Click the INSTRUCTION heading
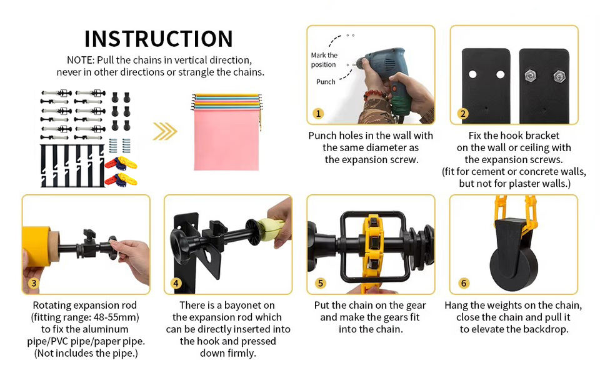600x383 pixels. [158, 39]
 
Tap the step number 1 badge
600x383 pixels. [318, 113]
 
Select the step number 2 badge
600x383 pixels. [462, 113]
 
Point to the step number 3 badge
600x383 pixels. [34, 283]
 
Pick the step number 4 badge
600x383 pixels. [176, 283]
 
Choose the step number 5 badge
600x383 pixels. [320, 283]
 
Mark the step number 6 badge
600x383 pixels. [463, 283]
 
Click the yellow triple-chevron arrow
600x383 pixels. [165, 131]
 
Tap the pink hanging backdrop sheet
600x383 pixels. [226, 140]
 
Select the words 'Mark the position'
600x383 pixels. [324, 60]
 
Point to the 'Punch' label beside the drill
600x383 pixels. [326, 81]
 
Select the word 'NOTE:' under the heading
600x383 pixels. [81, 60]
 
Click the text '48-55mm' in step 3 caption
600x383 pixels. [118, 317]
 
